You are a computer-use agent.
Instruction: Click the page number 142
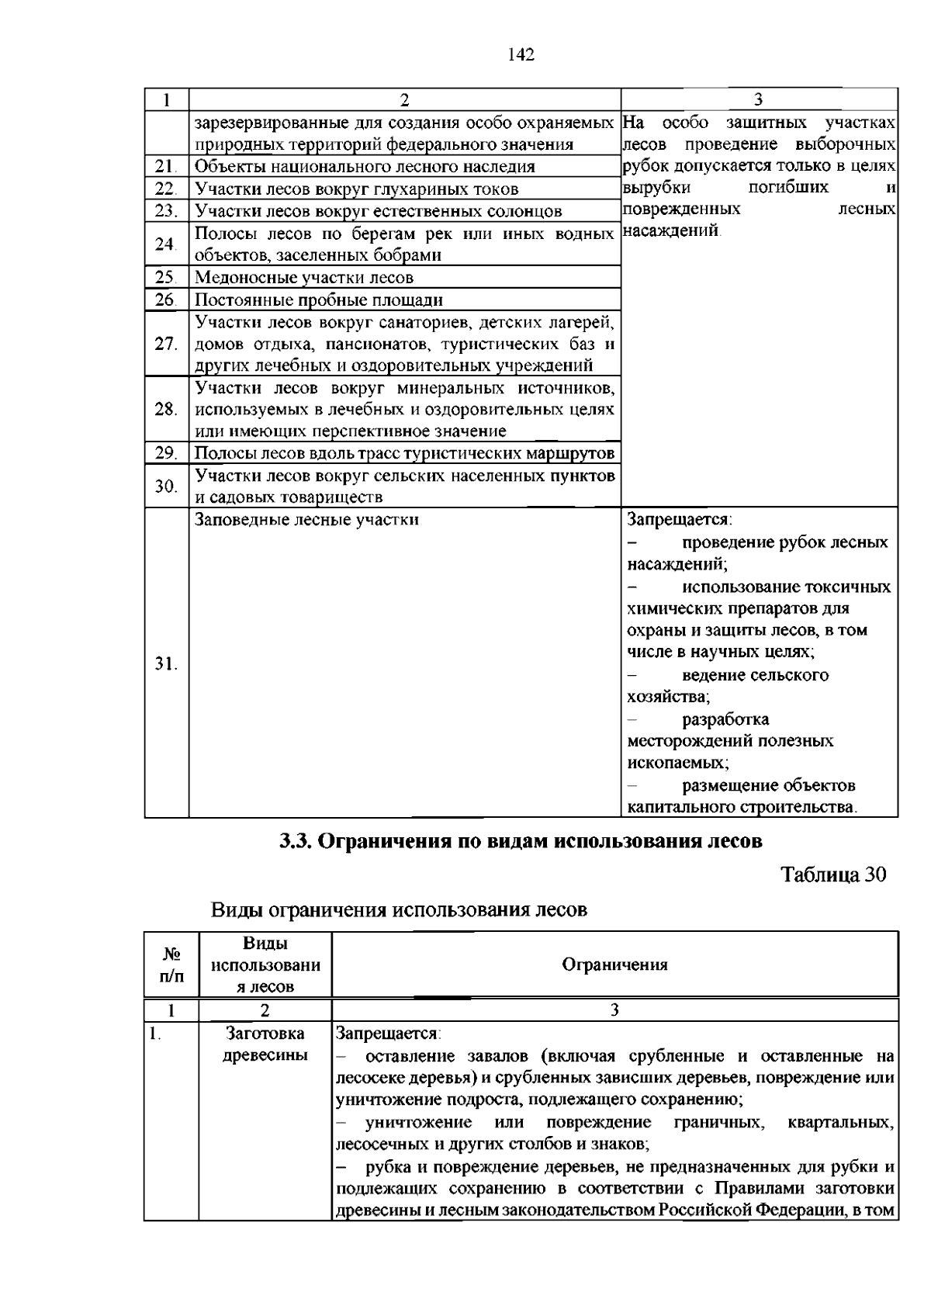pos(521,54)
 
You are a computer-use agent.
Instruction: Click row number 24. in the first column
pos(165,244)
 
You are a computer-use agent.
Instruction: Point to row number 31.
pos(165,663)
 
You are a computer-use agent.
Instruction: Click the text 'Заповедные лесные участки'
pos(306,519)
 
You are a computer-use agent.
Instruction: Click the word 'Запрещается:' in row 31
pos(680,519)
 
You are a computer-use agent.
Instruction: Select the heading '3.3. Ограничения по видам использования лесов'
pos(521,840)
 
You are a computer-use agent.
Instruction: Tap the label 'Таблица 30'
pos(832,874)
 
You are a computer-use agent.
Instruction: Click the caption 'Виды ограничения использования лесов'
pos(399,909)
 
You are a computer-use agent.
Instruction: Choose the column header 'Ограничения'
pos(614,964)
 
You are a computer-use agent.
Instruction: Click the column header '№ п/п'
pos(171,964)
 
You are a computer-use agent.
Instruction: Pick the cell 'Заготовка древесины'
pos(265,1044)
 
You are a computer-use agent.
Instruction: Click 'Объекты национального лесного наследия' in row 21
pos(365,166)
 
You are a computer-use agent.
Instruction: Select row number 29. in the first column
pos(165,453)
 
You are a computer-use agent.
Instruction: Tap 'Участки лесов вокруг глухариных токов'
pos(357,189)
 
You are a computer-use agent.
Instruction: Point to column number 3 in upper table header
pos(759,99)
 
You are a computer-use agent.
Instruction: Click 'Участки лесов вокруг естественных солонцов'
pos(378,211)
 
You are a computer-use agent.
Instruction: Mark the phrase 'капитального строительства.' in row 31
pos(742,807)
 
